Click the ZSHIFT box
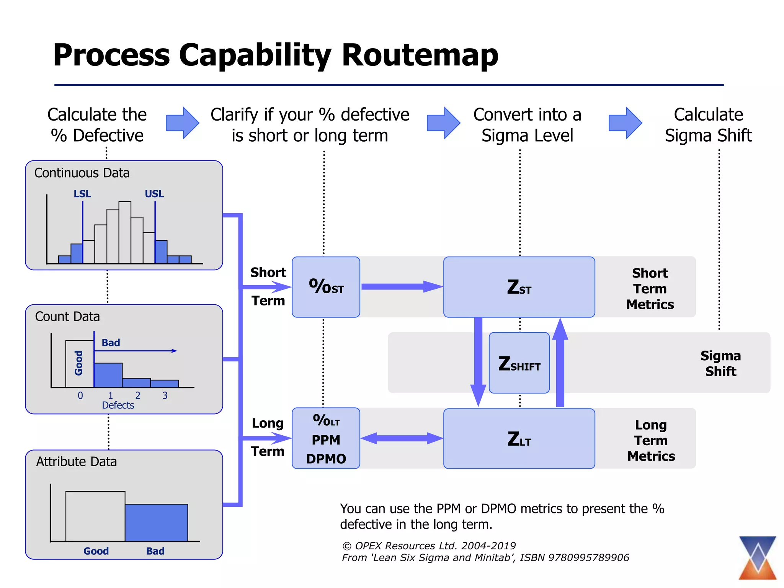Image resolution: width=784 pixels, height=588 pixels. tap(519, 363)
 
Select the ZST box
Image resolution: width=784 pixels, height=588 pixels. tap(519, 287)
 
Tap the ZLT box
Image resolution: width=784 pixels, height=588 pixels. tap(519, 439)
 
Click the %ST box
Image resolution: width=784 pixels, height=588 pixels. tap(326, 287)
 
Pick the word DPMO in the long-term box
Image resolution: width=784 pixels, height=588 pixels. tap(326, 459)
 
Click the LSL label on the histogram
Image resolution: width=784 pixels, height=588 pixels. tap(82, 194)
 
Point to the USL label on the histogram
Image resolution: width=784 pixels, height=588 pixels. tap(154, 194)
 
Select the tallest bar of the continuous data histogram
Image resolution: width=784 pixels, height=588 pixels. tap(125, 232)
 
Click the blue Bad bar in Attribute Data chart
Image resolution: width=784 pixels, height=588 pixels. tap(156, 523)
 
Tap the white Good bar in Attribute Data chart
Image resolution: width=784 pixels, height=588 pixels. tap(95, 516)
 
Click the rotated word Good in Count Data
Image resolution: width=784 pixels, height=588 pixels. tap(79, 363)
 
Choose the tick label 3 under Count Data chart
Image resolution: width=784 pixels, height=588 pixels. tap(165, 395)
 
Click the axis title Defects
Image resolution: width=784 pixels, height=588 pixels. tap(118, 405)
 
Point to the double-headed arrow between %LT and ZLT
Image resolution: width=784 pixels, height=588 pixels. tap(402, 438)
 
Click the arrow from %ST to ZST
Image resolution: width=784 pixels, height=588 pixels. tap(402, 287)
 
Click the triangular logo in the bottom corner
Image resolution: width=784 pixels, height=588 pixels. tap(758, 558)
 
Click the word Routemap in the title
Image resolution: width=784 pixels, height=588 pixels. tap(420, 55)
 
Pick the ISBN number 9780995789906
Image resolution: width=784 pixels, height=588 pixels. tap(588, 558)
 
